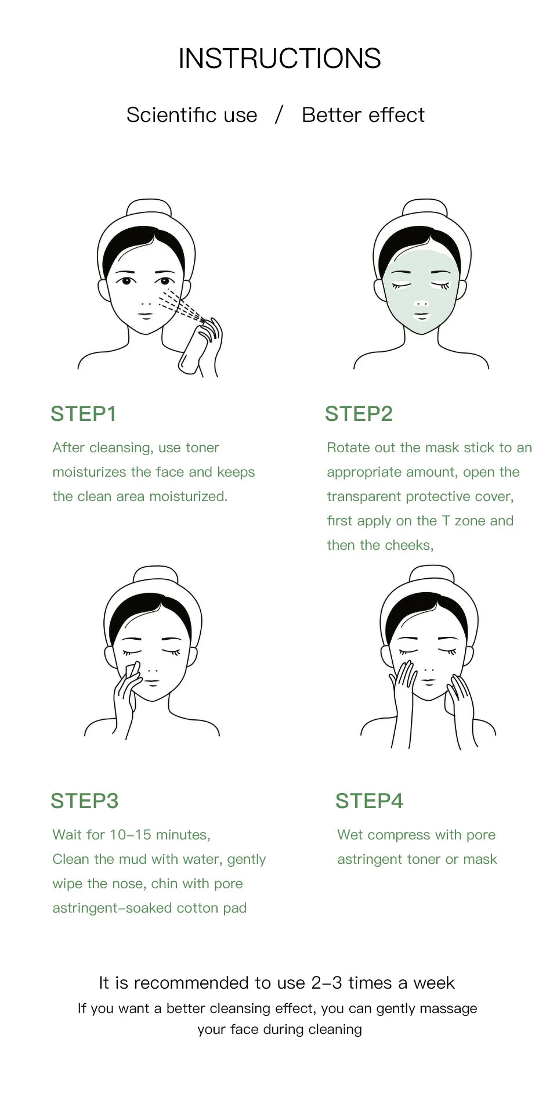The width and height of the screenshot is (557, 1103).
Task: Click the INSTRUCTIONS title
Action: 279,59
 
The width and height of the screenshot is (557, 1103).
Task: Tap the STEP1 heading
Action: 84,414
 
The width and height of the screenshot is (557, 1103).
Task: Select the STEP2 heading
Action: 359,414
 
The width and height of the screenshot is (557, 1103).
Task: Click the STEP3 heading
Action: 84,801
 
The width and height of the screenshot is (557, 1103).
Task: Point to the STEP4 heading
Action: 369,801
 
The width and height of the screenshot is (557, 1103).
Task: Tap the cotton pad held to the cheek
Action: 132,671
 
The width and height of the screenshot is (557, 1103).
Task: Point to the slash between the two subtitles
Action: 279,114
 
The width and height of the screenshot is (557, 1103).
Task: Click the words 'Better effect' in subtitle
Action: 363,115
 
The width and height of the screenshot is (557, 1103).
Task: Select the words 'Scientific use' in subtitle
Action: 191,115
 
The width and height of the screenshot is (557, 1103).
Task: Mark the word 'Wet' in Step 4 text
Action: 350,835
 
